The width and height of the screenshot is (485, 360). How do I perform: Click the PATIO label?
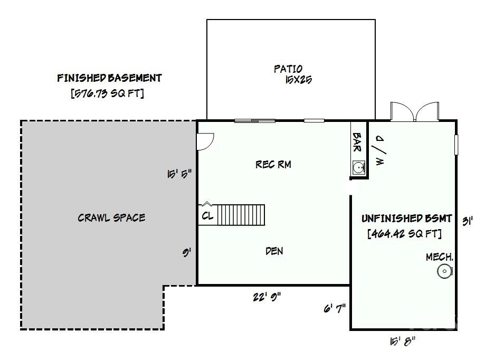click(288, 69)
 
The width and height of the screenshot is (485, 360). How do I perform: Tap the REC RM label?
click(273, 164)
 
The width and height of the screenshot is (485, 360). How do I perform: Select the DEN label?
click(274, 251)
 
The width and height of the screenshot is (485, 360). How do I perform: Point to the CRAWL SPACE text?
click(111, 217)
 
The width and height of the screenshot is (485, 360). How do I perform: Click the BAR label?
click(357, 143)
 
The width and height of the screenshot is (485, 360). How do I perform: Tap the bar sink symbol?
click(359, 168)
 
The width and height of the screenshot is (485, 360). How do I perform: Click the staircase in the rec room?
click(241, 215)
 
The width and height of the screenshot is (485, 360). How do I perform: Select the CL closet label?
click(207, 215)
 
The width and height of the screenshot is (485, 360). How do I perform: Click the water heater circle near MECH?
click(445, 271)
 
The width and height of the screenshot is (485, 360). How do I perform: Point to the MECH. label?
click(440, 257)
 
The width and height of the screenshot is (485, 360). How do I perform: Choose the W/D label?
click(380, 150)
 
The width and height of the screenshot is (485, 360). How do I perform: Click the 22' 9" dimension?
click(267, 297)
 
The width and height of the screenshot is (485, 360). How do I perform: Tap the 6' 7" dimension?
click(335, 308)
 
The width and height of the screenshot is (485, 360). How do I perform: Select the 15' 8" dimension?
click(402, 342)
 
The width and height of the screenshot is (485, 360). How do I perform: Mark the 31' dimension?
click(468, 222)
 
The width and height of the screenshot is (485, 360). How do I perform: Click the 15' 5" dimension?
click(179, 174)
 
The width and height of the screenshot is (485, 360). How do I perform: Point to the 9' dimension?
click(186, 253)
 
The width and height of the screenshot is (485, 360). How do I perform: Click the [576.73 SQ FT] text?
click(107, 93)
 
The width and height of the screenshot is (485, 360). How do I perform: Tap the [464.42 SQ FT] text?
click(405, 233)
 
